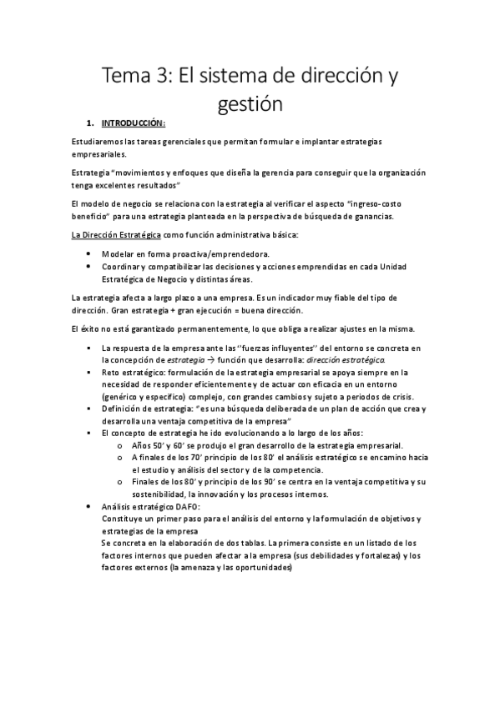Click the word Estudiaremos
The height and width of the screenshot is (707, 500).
click(x=98, y=143)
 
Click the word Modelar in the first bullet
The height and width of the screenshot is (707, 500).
click(x=117, y=252)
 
